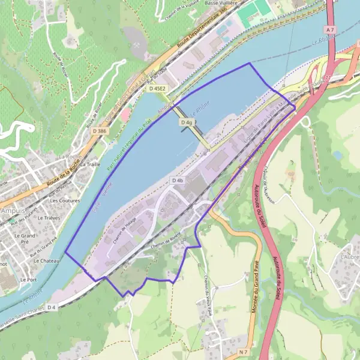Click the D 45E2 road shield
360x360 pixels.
(157, 88)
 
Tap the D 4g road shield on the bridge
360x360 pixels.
(187, 122)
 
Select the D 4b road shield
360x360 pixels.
(177, 180)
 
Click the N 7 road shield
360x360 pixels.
(242, 351)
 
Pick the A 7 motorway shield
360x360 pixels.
(330, 29)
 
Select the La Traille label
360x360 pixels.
(89, 164)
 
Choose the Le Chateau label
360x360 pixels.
(45, 261)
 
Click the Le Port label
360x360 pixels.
(27, 280)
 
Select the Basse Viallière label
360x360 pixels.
(221, 3)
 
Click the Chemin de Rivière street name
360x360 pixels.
(166, 238)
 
